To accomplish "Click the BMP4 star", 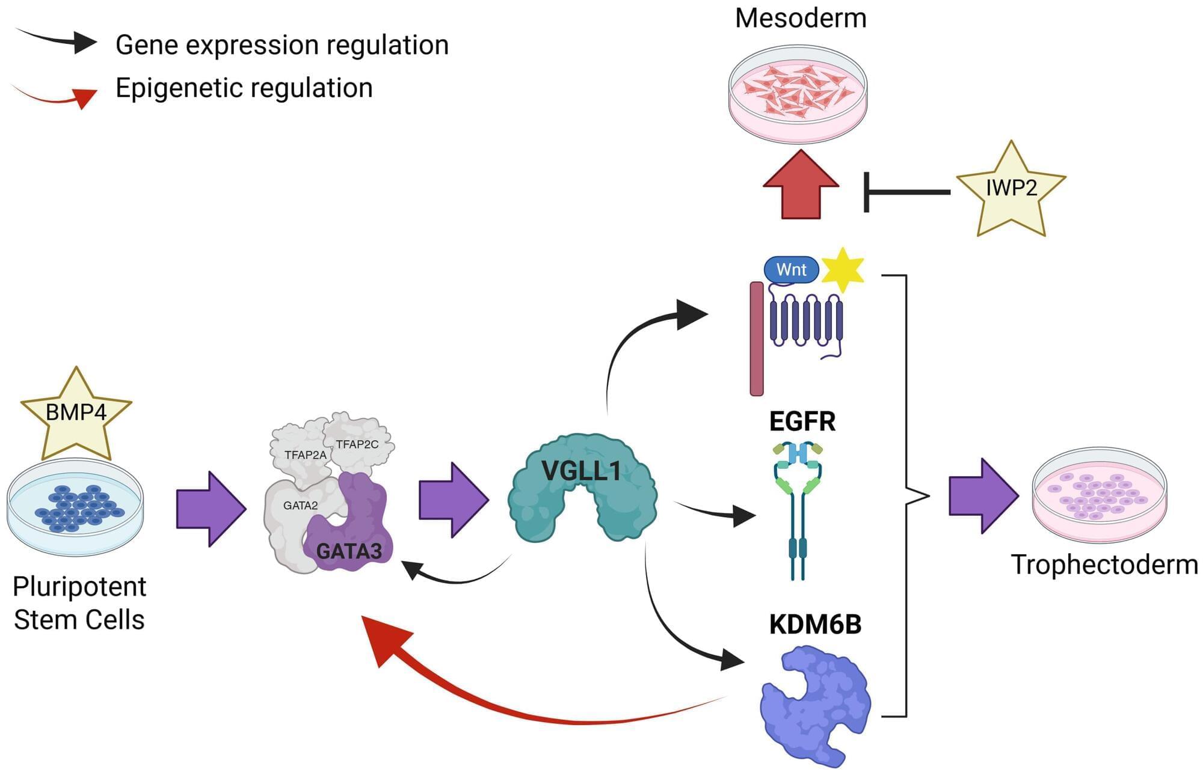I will (x=76, y=415).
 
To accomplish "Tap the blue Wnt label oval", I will (x=791, y=269).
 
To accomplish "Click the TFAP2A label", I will (x=306, y=455).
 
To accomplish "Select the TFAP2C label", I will (x=357, y=444).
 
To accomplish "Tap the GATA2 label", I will (x=300, y=506).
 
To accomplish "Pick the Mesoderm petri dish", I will (x=798, y=93).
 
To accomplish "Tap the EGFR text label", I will (x=802, y=421).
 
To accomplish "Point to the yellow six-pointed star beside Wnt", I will (x=843, y=270).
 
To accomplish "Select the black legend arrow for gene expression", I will (x=57, y=40).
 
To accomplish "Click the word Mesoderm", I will (x=801, y=18).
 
